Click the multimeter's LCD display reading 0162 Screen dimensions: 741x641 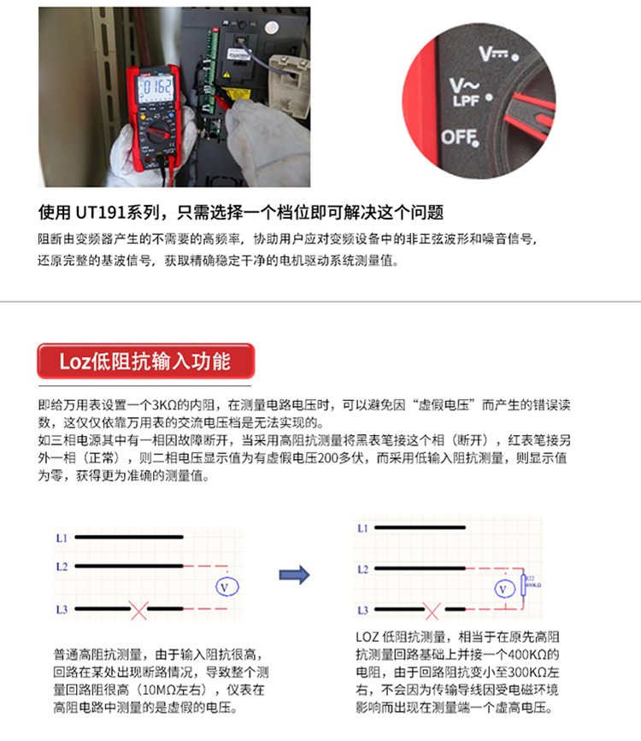coord(156,88)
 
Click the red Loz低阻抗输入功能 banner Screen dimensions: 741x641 coord(144,361)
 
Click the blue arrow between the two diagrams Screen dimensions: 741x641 coord(294,574)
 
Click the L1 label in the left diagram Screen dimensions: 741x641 coord(62,538)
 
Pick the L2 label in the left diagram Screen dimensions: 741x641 coord(62,567)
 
